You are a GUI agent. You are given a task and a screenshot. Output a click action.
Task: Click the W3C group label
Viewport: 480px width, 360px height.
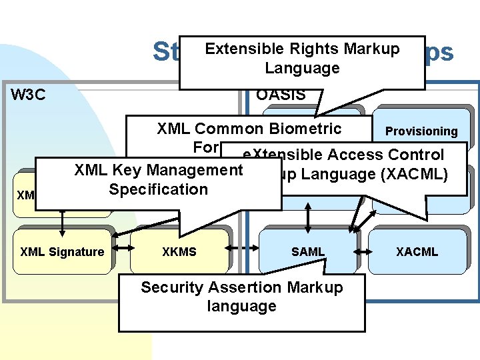coord(29,94)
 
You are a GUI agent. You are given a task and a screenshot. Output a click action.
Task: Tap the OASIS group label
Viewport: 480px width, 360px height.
coord(281,95)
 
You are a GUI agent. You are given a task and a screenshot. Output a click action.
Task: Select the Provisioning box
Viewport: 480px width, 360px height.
coord(421,131)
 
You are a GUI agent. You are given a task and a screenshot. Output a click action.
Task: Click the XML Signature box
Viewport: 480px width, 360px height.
coord(62,251)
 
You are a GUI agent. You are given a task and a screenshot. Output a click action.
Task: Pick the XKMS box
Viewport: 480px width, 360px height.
coord(179,251)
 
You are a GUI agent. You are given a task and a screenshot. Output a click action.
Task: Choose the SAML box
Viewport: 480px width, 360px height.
coord(308,251)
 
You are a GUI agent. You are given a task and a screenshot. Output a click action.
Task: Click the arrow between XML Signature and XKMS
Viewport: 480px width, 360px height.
coord(122,252)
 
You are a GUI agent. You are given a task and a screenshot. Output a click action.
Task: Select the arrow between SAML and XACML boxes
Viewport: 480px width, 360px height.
coord(360,252)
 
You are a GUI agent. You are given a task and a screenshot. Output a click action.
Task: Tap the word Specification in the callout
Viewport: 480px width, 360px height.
coord(159,189)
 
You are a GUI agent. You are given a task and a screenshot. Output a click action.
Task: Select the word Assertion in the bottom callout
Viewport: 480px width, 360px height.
coord(241,287)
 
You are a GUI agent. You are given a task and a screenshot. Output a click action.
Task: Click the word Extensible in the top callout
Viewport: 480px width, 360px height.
coord(245,49)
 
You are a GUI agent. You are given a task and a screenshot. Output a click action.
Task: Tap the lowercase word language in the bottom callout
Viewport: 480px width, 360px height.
coord(241,306)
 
